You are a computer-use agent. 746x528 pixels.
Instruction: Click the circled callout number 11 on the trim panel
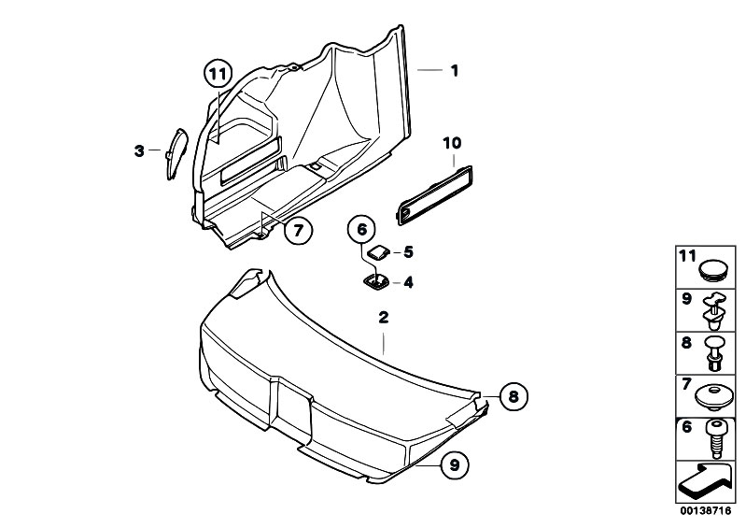coord(217,73)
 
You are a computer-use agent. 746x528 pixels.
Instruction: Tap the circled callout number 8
coord(512,396)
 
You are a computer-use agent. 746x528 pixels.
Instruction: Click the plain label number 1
coord(455,69)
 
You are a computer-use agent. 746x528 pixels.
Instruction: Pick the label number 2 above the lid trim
coord(382,319)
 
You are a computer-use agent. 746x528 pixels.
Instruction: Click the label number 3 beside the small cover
coord(139,150)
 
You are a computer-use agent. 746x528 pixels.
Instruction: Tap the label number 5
coord(407,251)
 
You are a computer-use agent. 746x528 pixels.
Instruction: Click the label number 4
coord(407,281)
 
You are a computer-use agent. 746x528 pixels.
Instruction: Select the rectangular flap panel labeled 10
coord(437,193)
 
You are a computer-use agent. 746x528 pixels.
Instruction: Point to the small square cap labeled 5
coord(379,251)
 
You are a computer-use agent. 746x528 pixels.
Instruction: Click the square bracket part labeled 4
coord(377,280)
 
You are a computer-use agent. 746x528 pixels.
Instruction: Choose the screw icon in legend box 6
coord(715,436)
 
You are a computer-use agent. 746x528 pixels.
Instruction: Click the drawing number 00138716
coord(707,513)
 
